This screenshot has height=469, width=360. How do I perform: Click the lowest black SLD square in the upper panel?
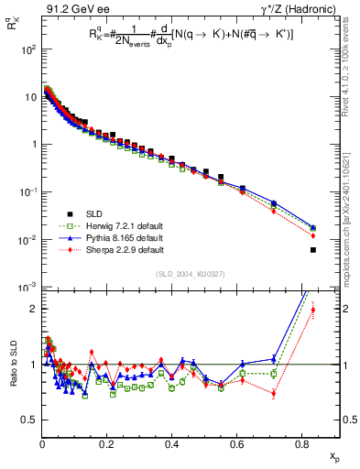tap(313, 250)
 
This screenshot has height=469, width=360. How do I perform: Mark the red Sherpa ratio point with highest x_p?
tap(313, 310)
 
